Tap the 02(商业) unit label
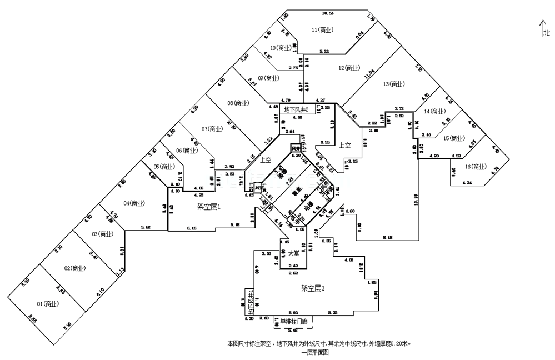tap(74, 268)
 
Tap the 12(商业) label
tap(349, 68)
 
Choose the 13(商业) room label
tap(393, 84)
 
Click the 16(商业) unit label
tap(475, 167)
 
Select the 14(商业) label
tap(434, 111)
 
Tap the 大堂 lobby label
tap(293, 253)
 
